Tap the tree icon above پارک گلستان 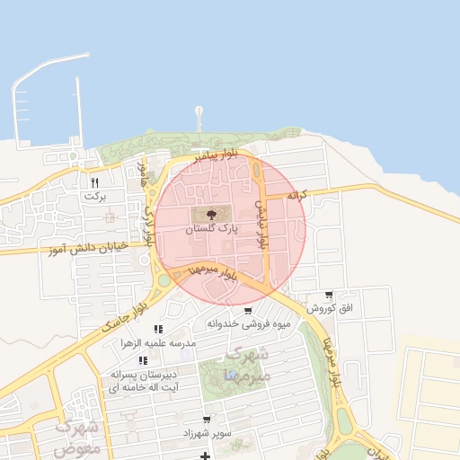pos(211,215)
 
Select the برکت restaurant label pos(94,195)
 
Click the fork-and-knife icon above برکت pos(94,182)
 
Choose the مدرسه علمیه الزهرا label pos(158,344)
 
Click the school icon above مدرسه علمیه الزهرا pos(158,330)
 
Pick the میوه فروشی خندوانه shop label pos(248,323)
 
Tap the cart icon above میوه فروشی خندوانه pos(248,311)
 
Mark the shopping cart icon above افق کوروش pos(330,295)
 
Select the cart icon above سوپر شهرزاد pos(207,420)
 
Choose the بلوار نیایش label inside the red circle pos(261,223)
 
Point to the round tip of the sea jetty pos(199,111)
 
